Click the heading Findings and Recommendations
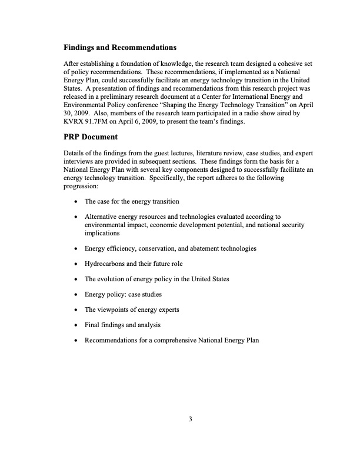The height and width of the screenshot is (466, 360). (120, 46)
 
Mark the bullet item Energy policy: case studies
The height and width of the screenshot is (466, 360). (123, 294)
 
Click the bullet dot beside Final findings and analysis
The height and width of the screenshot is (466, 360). (76, 325)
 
